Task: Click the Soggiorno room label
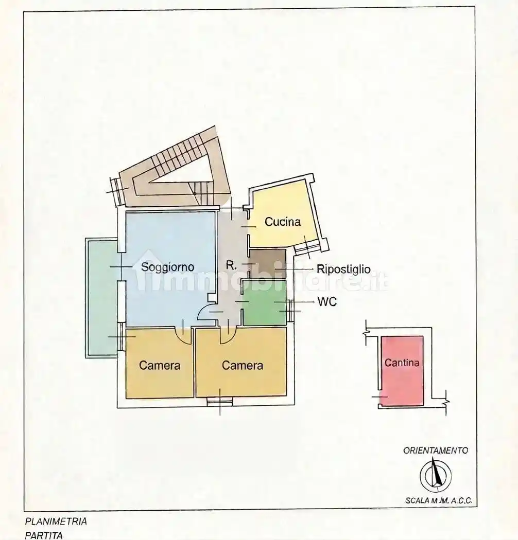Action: click(x=168, y=267)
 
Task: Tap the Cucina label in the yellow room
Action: click(x=283, y=222)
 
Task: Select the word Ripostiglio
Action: click(x=343, y=269)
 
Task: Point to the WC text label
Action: click(x=327, y=302)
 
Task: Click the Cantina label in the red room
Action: click(x=402, y=363)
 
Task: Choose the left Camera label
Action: click(x=159, y=365)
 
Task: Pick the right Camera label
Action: click(x=243, y=365)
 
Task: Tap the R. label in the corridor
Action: click(x=231, y=265)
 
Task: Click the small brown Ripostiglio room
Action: click(x=268, y=263)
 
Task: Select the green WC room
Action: click(x=265, y=303)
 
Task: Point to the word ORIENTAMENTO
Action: click(x=436, y=451)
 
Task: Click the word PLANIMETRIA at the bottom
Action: click(x=56, y=521)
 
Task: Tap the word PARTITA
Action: click(x=44, y=535)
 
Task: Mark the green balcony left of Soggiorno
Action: click(x=102, y=298)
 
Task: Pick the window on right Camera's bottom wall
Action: click(x=220, y=401)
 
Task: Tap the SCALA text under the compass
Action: click(x=417, y=501)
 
